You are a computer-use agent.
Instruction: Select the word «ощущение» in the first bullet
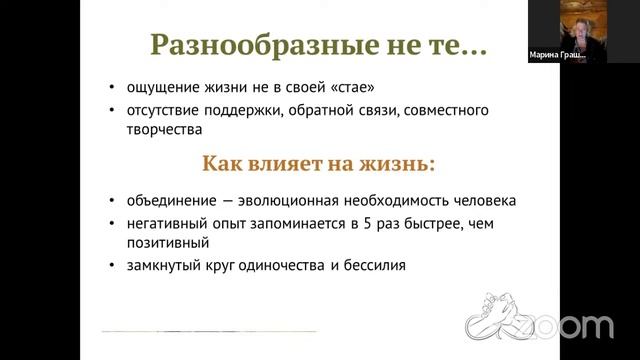point(158,88)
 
